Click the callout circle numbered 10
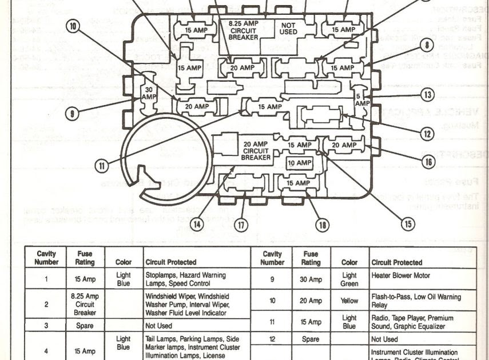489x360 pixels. point(72,26)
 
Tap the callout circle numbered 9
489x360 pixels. point(71,114)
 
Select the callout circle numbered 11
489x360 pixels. point(101,166)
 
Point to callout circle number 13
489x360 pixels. point(426,94)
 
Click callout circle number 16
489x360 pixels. point(428,162)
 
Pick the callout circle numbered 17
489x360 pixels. point(241,225)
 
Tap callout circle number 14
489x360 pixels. point(197,225)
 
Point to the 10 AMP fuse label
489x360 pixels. point(299,163)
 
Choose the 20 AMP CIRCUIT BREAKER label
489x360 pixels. point(256,151)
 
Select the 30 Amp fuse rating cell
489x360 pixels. point(311,279)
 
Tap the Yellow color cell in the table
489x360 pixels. point(349,301)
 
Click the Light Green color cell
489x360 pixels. point(349,279)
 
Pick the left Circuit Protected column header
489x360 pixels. point(171,262)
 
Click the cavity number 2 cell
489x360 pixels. point(46,305)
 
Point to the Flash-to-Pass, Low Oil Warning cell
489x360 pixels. point(416,301)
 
